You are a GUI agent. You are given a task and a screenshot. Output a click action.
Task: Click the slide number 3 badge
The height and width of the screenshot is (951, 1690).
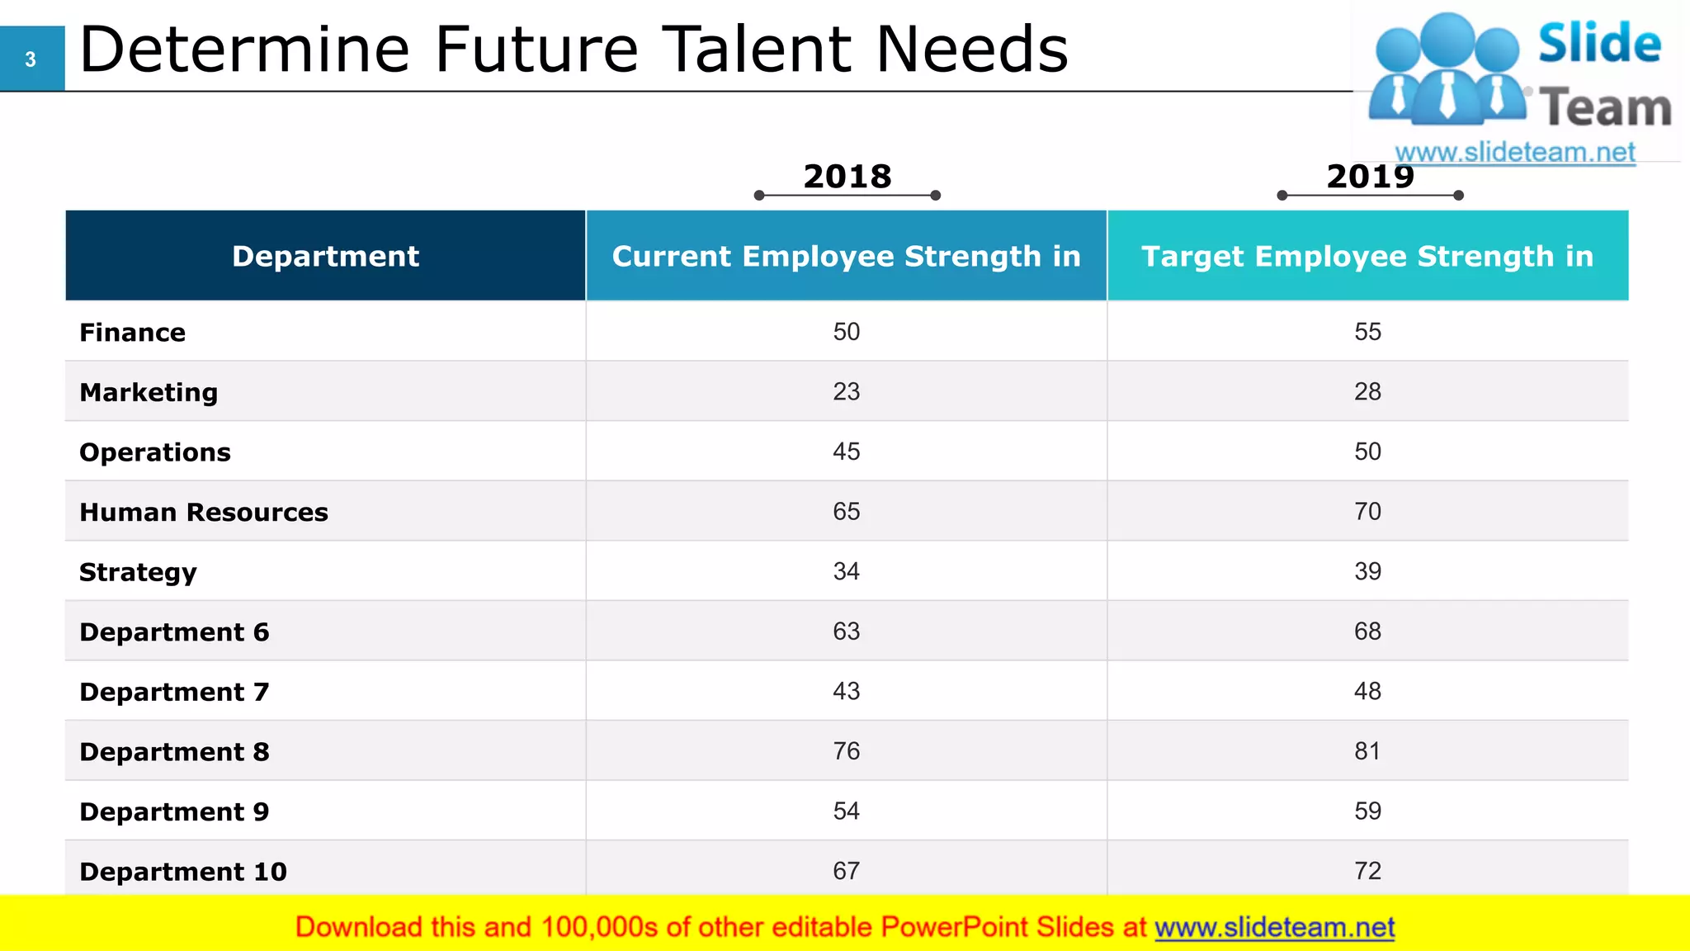coord(31,59)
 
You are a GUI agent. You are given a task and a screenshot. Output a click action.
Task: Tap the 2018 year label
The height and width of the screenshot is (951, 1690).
coord(847,177)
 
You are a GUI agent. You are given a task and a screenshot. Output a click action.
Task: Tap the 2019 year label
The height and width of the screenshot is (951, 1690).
coord(1370,177)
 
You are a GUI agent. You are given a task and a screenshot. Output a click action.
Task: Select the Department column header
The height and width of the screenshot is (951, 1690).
coord(325,256)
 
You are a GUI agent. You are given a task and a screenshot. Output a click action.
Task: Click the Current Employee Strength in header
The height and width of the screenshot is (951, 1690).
coord(846,256)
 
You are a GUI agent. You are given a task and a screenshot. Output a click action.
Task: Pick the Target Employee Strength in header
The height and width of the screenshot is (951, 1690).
coord(1367,256)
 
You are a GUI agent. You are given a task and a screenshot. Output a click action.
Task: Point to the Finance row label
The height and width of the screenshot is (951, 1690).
coord(133,333)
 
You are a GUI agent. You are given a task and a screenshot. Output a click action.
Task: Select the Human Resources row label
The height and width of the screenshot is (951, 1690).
coord(204,513)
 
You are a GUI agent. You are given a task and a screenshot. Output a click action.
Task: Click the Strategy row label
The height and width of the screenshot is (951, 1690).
coord(138,573)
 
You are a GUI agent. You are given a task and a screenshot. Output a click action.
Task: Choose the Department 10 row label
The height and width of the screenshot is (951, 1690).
coord(183,872)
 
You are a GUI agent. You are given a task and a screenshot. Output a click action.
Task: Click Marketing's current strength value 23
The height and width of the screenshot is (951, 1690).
coord(846,391)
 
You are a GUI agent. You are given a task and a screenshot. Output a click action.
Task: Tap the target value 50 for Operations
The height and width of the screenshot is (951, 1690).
coord(1367,452)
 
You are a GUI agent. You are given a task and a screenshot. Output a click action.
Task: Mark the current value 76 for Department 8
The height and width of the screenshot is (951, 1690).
coord(846,751)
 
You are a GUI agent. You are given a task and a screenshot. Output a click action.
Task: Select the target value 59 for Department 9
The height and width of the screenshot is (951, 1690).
coord(1367,811)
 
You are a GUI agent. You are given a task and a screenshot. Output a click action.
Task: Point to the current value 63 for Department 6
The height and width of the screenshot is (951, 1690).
coord(846,632)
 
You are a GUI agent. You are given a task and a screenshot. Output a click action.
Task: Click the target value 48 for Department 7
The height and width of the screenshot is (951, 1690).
coord(1367,691)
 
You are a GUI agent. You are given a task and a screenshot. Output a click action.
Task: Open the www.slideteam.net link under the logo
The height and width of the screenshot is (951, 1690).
coord(1515,153)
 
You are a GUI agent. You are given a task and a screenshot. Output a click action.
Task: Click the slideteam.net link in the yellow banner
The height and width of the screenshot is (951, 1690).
coord(1274,928)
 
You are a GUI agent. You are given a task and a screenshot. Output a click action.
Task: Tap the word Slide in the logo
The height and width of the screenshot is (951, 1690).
coord(1599,44)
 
